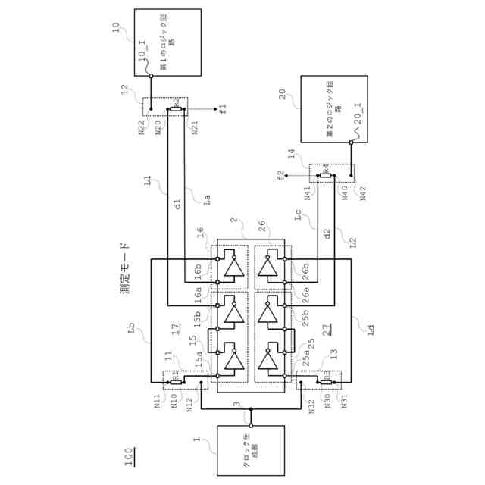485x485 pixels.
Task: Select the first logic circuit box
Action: point(168,42)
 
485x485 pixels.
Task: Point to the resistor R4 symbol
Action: point(324,174)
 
